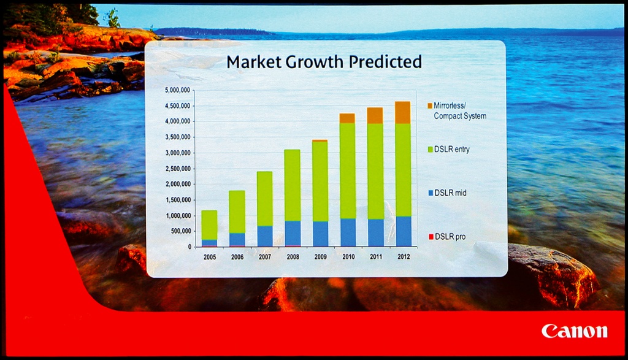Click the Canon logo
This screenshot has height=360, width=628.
click(x=574, y=331)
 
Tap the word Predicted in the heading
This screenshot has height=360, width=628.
click(x=385, y=62)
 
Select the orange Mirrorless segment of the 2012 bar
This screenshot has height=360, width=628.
click(x=403, y=112)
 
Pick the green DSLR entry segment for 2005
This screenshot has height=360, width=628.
click(x=210, y=225)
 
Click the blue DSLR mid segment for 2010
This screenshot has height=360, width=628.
click(x=348, y=232)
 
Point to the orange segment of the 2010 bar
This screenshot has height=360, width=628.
click(x=347, y=118)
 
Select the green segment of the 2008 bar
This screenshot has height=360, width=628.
click(x=293, y=185)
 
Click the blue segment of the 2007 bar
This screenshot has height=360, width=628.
click(x=265, y=236)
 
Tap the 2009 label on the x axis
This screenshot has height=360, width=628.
click(x=320, y=257)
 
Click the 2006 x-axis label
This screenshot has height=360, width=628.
click(x=237, y=257)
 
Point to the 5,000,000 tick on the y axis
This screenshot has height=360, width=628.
click(x=177, y=90)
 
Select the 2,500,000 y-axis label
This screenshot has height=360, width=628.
click(x=177, y=169)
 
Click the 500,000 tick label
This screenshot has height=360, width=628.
click(x=181, y=231)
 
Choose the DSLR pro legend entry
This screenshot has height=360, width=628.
click(x=447, y=237)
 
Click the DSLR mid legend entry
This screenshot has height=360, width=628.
click(x=447, y=193)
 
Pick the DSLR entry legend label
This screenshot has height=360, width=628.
click(x=448, y=149)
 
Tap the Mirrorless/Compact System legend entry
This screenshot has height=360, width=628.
click(x=457, y=110)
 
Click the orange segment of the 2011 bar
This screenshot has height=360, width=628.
click(x=375, y=115)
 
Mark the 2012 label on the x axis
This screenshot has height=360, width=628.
click(x=404, y=257)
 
